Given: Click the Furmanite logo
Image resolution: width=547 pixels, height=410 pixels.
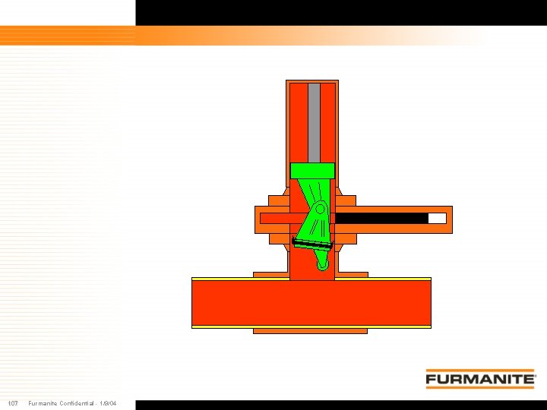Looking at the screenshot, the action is pyautogui.click(x=480, y=379).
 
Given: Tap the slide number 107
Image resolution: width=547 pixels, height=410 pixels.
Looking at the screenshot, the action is pyautogui.click(x=13, y=403).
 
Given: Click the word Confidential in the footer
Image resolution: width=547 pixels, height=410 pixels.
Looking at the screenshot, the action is pyautogui.click(x=77, y=403).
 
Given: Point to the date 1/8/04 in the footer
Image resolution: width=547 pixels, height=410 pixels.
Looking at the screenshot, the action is pyautogui.click(x=108, y=403).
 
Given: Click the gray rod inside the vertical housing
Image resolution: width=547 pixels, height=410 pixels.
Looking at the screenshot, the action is pyautogui.click(x=314, y=123).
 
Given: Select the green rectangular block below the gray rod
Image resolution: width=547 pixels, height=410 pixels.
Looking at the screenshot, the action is pyautogui.click(x=312, y=170).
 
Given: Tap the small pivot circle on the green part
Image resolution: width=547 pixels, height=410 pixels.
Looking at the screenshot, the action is pyautogui.click(x=321, y=210).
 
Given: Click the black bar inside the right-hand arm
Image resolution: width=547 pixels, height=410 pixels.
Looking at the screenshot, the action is pyautogui.click(x=381, y=219).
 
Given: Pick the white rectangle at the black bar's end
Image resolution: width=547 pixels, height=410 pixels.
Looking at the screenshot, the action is pyautogui.click(x=437, y=219).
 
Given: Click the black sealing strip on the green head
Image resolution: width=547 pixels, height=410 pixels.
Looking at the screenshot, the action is pyautogui.click(x=311, y=244).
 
